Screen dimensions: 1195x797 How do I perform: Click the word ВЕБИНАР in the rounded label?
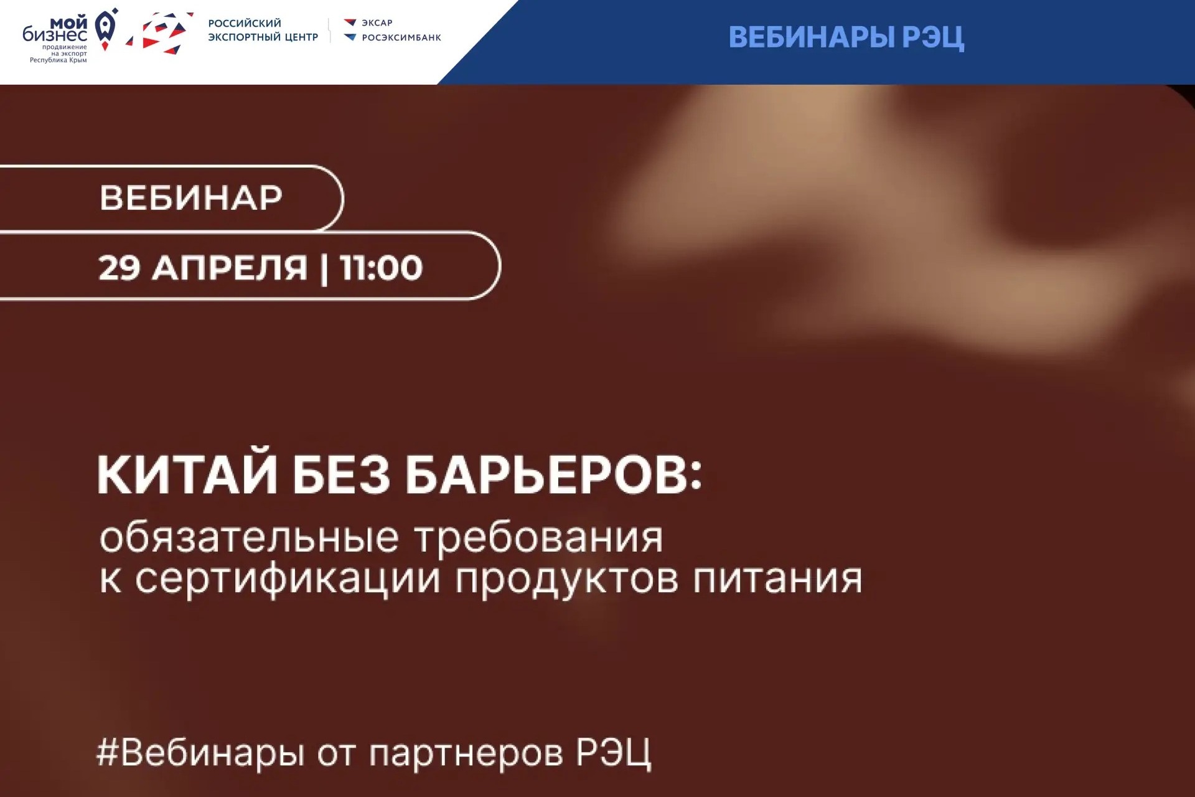[x=191, y=198]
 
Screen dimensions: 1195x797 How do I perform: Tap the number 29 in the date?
[x=119, y=268]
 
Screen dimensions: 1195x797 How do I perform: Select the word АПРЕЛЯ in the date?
[x=230, y=268]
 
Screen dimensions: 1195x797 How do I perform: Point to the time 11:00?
[x=382, y=268]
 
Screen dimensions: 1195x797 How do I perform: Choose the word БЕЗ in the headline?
[x=342, y=476]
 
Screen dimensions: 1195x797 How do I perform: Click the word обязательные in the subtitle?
[x=249, y=537]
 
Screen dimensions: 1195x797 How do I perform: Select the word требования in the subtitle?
[x=539, y=537]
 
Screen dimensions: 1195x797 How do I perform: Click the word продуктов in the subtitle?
[x=567, y=580]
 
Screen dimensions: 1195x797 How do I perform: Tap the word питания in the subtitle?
[x=778, y=578]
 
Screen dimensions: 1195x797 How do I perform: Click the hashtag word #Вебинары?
[x=200, y=752]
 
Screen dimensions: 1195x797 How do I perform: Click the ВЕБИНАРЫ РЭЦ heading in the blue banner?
[x=846, y=37]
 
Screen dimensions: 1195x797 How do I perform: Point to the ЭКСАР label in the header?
[x=377, y=23]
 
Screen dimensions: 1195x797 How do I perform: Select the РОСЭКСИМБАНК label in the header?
[x=401, y=37]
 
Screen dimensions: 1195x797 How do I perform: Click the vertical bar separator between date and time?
[x=324, y=268]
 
